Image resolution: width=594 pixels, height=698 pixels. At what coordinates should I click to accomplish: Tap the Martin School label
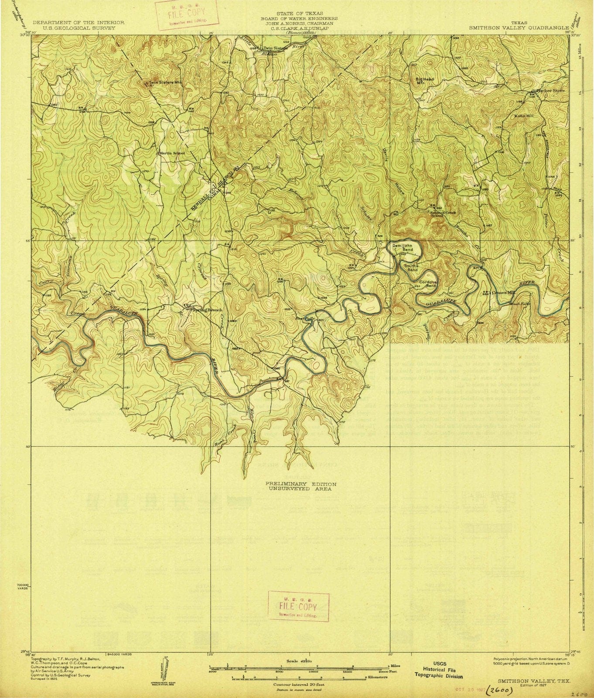[171, 153]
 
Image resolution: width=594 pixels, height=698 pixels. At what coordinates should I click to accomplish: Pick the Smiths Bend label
[411, 267]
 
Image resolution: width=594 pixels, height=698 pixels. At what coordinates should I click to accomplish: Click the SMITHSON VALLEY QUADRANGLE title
[519, 26]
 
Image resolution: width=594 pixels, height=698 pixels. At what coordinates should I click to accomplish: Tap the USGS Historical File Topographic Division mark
[439, 673]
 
